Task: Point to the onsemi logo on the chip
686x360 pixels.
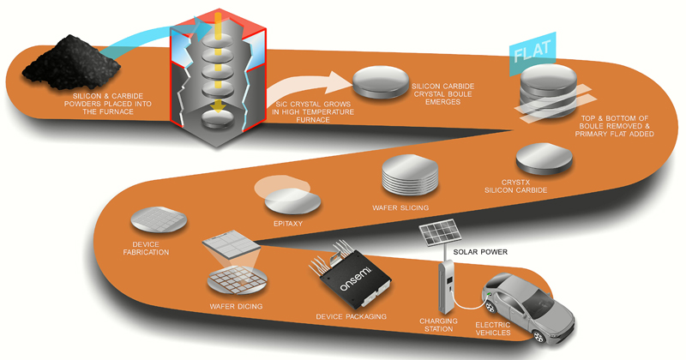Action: (353, 282)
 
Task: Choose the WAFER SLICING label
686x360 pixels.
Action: (401, 207)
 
